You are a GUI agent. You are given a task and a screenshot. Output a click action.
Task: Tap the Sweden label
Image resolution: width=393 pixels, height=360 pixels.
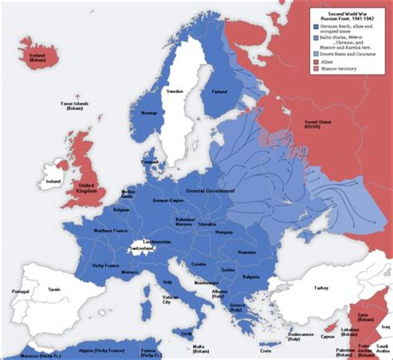click(x=175, y=91)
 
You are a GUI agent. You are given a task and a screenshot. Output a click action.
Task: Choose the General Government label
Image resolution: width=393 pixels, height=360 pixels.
click(x=210, y=192)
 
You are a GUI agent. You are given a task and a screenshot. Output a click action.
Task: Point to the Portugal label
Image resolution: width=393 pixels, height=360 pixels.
click(x=20, y=291)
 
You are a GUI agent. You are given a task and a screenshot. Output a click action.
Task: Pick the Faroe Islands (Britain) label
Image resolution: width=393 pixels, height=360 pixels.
click(x=75, y=106)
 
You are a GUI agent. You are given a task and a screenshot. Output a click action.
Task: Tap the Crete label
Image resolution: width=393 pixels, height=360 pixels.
click(x=266, y=350)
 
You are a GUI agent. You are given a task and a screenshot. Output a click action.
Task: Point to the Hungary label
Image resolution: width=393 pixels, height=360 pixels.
click(x=225, y=232)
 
